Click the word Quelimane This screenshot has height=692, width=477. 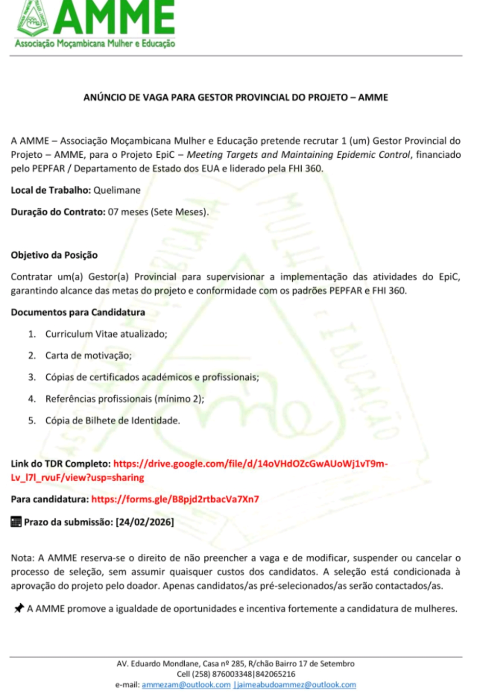[117, 190]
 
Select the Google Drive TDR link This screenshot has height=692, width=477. [250, 464]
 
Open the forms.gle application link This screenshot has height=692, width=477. [175, 499]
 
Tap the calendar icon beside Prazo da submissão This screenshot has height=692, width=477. [16, 522]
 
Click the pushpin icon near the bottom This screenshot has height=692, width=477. [18, 609]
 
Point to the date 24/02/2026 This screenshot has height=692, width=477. [145, 522]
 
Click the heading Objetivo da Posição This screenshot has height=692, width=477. [54, 255]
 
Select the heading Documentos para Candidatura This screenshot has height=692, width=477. [78, 312]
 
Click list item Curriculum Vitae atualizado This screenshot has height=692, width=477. [106, 334]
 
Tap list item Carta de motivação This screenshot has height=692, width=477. [88, 355]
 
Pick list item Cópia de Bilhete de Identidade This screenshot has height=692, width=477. [112, 420]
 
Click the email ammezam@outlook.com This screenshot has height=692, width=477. [186, 685]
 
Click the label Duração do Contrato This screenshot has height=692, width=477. [58, 212]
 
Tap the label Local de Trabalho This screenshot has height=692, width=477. [51, 190]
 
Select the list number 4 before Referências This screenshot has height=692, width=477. [32, 399]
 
